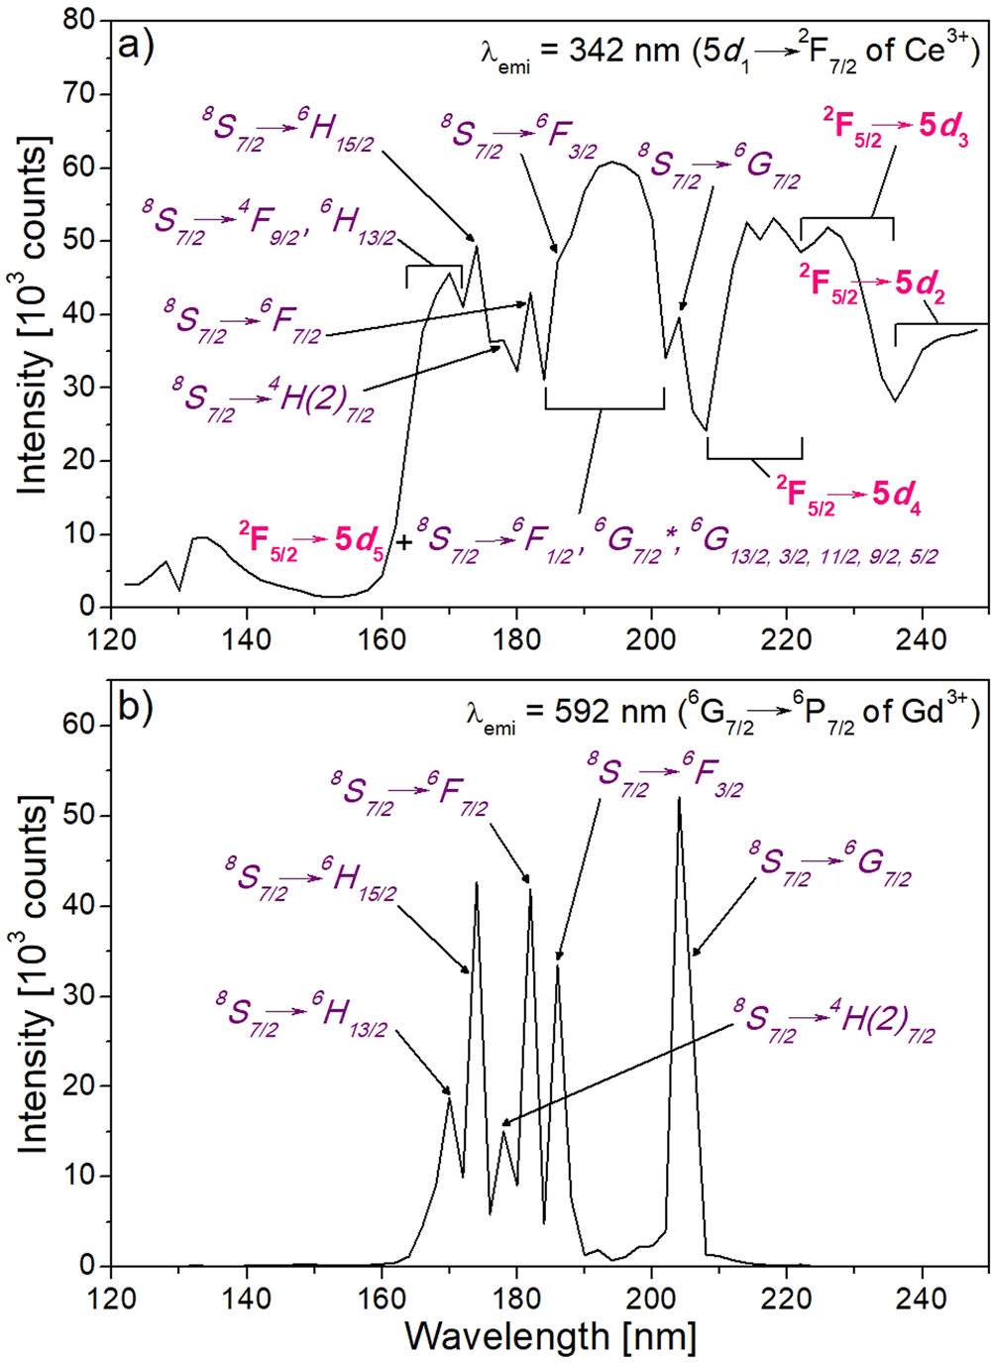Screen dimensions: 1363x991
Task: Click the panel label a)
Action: click(x=136, y=46)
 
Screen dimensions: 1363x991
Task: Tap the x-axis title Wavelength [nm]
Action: click(x=550, y=1335)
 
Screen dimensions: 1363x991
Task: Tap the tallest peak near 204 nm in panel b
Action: click(x=679, y=798)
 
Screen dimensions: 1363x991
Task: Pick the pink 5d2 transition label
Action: click(x=872, y=285)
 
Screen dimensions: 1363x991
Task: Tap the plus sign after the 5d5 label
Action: click(x=403, y=544)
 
